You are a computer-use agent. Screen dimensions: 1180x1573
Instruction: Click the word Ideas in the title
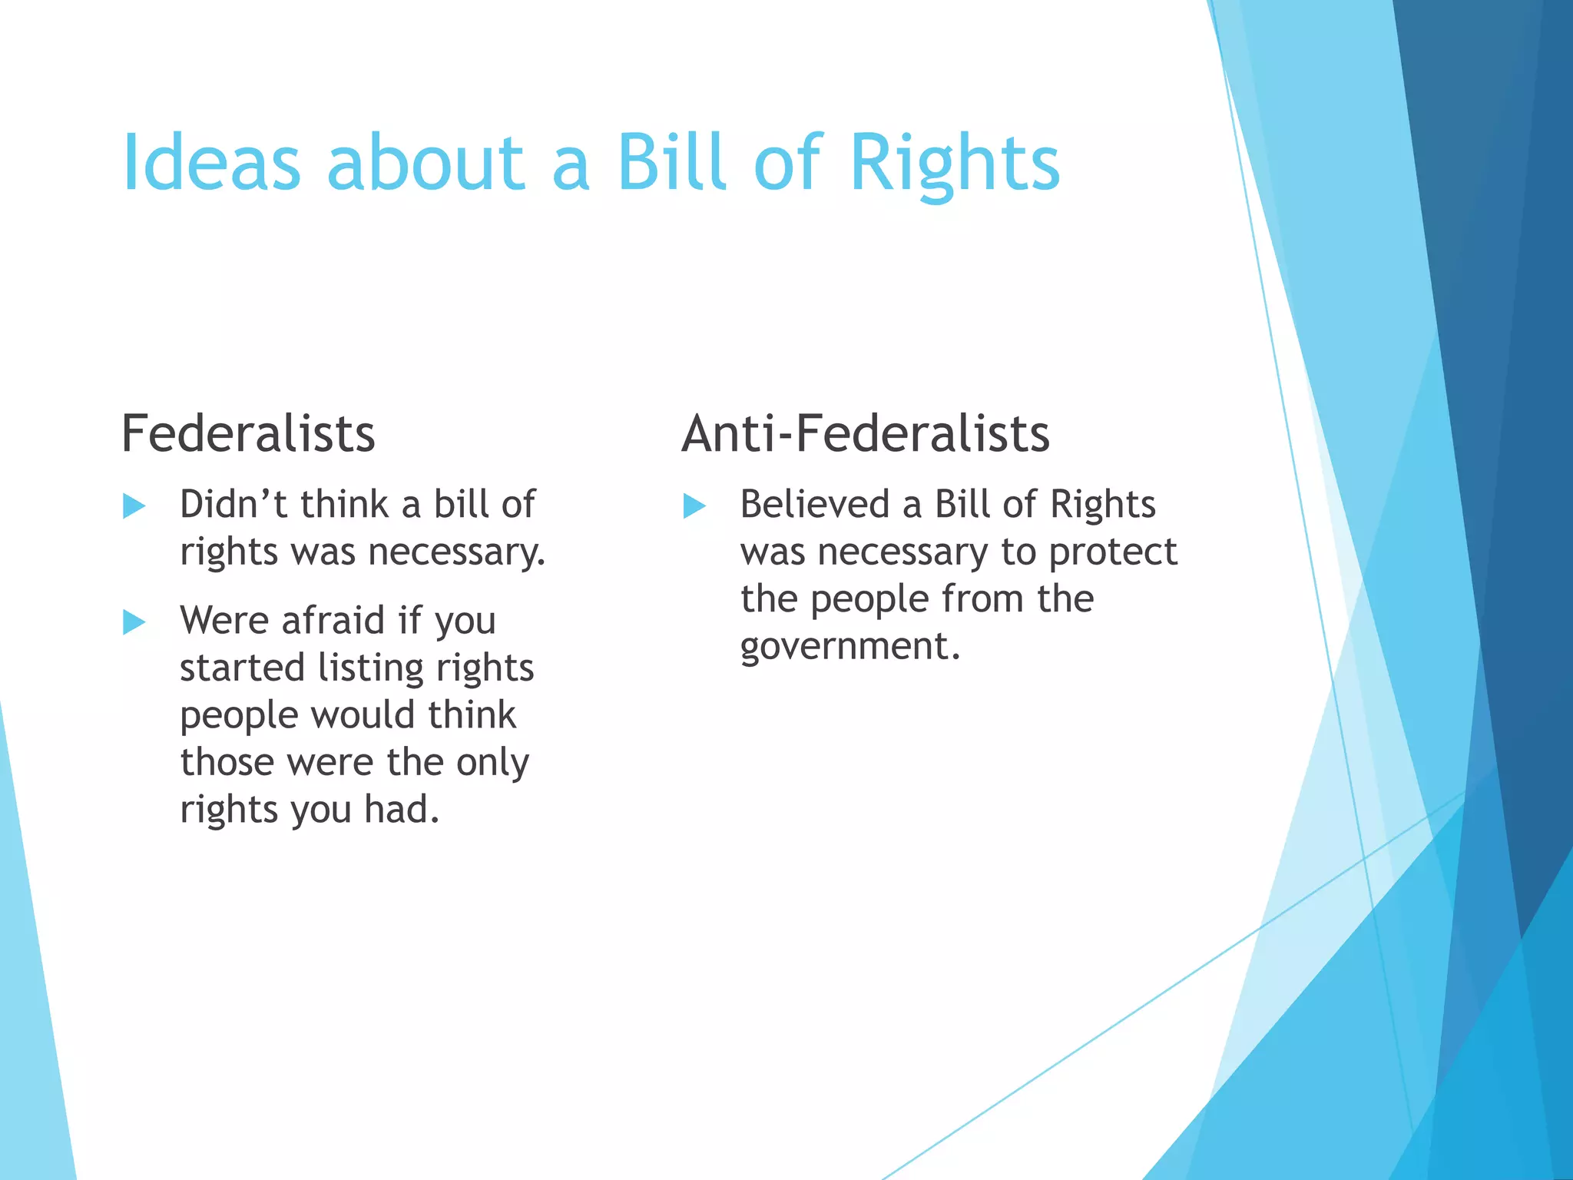[x=211, y=163]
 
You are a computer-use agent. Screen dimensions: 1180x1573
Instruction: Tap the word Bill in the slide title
[x=671, y=163]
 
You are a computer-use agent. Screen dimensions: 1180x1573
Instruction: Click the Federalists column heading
[x=248, y=434]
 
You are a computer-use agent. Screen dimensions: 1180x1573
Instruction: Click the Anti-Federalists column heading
[x=865, y=434]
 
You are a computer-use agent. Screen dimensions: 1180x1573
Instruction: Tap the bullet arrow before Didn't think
[x=134, y=506]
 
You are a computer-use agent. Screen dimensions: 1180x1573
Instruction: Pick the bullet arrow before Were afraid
[x=134, y=621]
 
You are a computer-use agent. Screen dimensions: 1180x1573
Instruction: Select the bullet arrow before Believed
[x=694, y=506]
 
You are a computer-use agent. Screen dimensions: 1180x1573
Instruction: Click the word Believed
[x=815, y=505]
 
